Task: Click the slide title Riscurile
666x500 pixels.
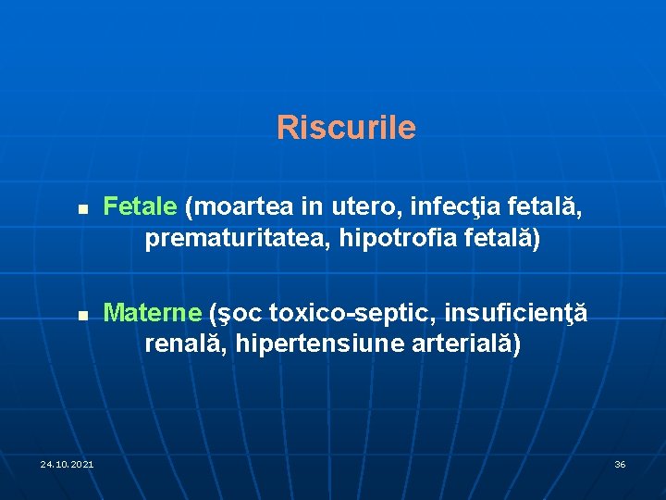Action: [346, 128]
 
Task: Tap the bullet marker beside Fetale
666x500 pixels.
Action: [83, 211]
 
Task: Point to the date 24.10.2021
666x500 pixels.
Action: [67, 463]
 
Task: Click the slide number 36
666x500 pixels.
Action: [620, 463]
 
